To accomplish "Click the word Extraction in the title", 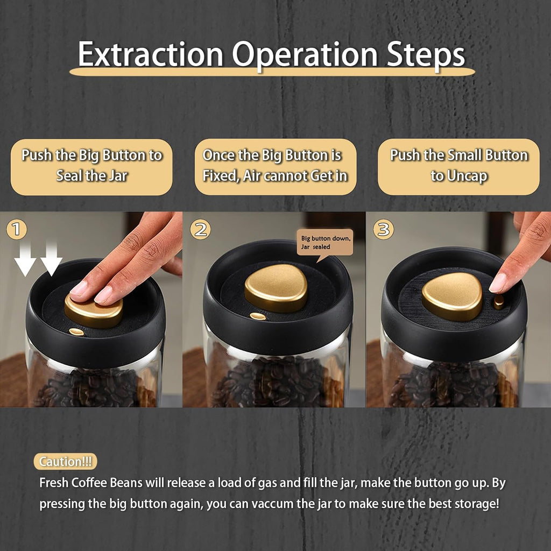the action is pos(151,54).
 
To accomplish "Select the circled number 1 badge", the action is pos(16,230).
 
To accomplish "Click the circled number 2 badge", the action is pos(200,230).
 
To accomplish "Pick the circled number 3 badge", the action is pos(383,230).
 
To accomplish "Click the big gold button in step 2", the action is pos(276,288).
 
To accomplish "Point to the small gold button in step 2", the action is pos(258,316).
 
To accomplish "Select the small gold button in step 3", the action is pos(499,302).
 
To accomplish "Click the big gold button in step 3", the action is pos(452,296).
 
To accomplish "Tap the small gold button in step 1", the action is pos(76,331).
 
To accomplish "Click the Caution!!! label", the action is pos(65,461).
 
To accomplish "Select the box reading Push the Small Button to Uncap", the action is pos(458,167).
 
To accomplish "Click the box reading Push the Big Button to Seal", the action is pos(91,167).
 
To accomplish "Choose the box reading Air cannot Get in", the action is pos(275,167).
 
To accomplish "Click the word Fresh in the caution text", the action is pos(54,483).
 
